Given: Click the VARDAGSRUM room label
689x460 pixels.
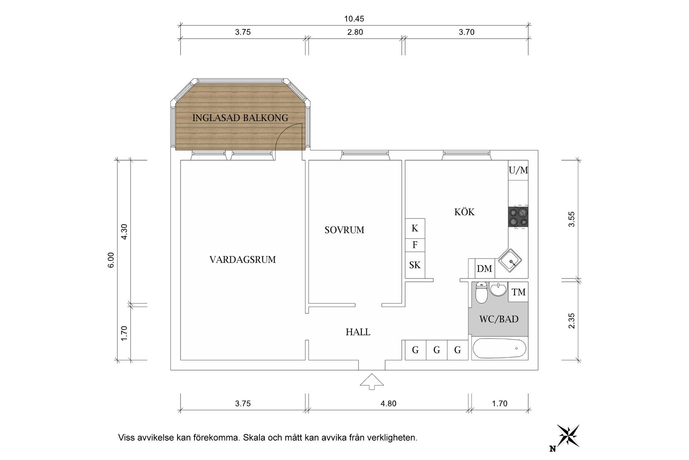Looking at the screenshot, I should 243,259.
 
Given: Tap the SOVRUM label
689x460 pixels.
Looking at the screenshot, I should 344,230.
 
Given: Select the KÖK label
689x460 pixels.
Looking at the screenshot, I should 464,212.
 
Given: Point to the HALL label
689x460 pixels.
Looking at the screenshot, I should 358,332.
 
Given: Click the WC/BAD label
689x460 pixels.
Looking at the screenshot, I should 498,319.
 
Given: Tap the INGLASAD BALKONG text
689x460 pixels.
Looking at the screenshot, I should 240,118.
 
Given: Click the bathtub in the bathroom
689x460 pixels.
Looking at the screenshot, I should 499,349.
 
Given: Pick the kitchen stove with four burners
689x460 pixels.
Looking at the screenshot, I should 518,217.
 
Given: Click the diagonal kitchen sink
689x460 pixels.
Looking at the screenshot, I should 510,260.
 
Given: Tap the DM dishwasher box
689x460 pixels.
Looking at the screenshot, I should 484,269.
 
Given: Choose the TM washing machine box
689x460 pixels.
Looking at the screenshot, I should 518,292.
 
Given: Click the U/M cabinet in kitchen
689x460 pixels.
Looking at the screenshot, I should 518,170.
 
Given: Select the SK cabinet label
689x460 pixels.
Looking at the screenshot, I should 415,265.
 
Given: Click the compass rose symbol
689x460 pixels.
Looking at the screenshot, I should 568,436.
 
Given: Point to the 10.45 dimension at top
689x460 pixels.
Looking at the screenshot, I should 354,19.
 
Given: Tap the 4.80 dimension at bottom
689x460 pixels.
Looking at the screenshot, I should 388,404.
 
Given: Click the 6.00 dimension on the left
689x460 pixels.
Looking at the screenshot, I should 111,260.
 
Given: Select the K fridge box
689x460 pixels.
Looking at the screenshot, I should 415,228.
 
